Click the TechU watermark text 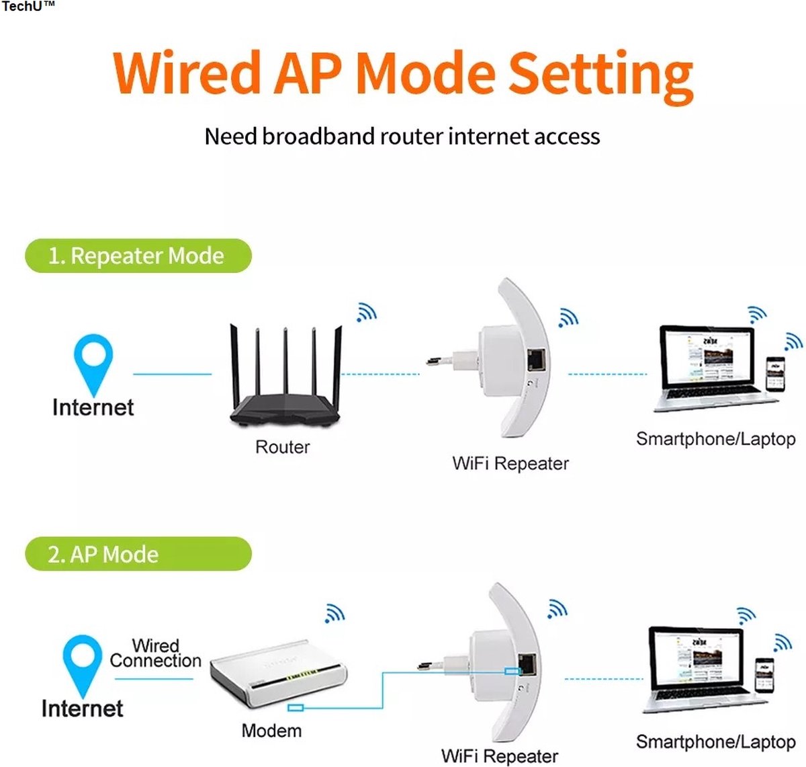(x=28, y=7)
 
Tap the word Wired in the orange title (x=187, y=73)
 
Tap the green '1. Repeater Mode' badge (x=138, y=256)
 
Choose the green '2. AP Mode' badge (x=138, y=555)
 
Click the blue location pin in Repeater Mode (x=93, y=363)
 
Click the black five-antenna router (x=285, y=390)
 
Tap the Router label (x=282, y=447)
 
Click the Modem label (x=271, y=731)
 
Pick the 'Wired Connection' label (x=155, y=653)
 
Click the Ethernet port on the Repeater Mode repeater (x=536, y=360)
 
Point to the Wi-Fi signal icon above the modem (x=334, y=613)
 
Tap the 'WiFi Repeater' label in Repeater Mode (x=510, y=464)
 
